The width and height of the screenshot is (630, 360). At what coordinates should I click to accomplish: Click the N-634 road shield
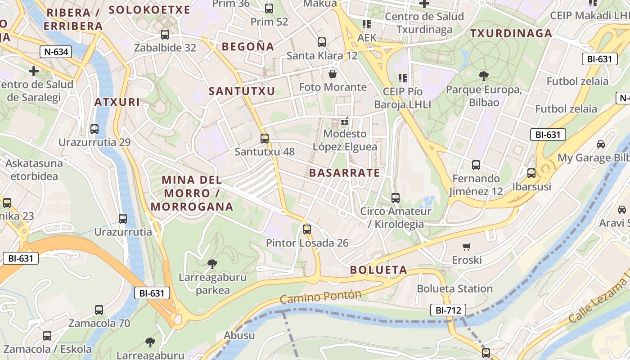56,52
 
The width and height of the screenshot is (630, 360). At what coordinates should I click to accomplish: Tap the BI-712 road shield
448,310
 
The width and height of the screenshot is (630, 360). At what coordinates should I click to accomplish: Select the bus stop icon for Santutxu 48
265,139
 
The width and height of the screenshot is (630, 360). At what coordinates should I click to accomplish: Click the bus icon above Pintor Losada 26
307,229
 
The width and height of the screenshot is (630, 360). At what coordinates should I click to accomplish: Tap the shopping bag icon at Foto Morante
333,74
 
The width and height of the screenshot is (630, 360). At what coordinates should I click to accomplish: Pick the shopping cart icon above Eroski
466,247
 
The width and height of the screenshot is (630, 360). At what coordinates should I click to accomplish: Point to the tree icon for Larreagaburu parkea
212,264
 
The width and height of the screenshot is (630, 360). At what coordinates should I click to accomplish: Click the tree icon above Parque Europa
484,76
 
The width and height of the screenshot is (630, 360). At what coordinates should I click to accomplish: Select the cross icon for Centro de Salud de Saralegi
34,71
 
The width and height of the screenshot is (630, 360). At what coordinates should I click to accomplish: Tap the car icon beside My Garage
601,144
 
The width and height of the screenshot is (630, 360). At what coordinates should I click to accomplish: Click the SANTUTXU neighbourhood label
242,91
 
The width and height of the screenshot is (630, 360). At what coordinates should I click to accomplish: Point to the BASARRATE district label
344,173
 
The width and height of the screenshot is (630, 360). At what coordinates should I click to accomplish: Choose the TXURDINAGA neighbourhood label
511,33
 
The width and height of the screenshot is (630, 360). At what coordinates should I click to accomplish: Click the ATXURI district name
117,102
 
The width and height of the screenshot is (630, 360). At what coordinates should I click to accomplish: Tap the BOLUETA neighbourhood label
378,270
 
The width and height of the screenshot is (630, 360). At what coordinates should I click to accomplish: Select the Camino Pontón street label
320,297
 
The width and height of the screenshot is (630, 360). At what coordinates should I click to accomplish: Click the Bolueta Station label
454,288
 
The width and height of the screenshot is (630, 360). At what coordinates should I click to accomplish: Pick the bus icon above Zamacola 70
99,310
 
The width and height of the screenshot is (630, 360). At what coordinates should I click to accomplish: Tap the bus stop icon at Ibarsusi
531,173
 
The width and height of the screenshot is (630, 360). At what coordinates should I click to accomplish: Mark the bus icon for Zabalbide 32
165,35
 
